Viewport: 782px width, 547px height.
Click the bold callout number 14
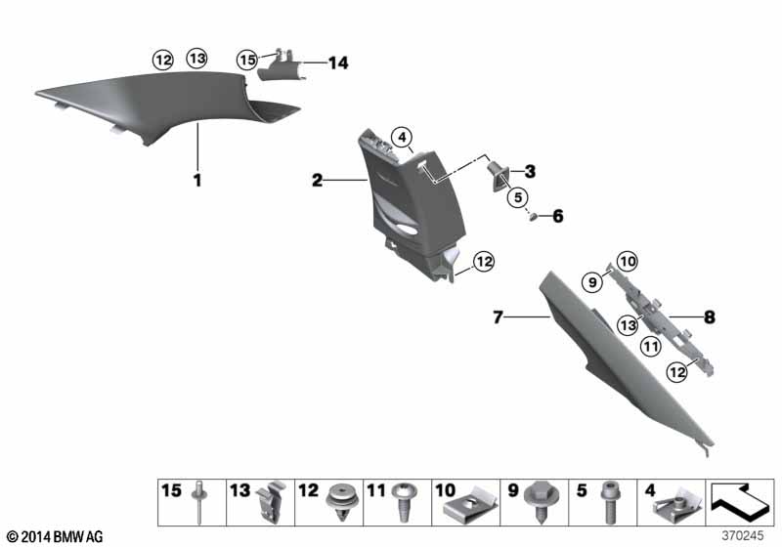pos(338,63)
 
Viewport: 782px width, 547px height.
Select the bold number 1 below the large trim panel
pos(197,180)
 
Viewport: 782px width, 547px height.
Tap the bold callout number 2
pos(317,180)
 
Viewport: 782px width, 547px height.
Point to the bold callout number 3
pos(530,171)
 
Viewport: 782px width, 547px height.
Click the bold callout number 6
pos(557,216)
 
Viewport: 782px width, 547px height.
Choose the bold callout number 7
pos(498,316)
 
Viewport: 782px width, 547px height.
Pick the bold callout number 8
pos(710,316)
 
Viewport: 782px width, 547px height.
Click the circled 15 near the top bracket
pos(247,61)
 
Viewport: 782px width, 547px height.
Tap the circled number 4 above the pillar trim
pos(403,137)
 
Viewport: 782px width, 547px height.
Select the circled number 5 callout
pos(518,197)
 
